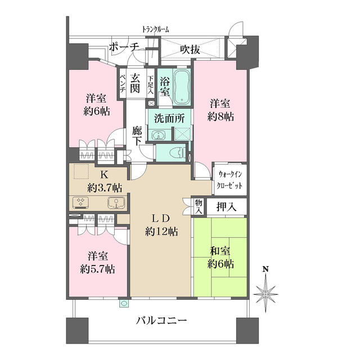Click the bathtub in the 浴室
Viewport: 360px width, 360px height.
coord(182,87)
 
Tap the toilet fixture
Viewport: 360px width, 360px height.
coord(178,152)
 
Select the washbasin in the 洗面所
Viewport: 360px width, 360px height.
coord(158,135)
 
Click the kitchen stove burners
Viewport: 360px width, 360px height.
coord(81,202)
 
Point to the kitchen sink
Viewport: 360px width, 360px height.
coord(116,203)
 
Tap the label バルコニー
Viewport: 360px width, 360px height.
coord(162,321)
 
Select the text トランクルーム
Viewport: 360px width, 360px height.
coord(156,29)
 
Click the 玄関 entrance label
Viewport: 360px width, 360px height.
coord(135,84)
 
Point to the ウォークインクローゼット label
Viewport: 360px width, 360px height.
coord(230,180)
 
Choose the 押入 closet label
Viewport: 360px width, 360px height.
coord(226,207)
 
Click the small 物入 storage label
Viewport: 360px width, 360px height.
coord(199,206)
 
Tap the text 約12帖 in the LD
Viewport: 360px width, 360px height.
coord(161,232)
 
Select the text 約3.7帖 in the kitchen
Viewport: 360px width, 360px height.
coord(105,188)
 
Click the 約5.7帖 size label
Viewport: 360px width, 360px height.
coord(97,269)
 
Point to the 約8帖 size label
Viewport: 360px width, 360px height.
coord(220,117)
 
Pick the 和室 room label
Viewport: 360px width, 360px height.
coord(220,251)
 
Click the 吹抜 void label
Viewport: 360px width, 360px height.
coord(190,49)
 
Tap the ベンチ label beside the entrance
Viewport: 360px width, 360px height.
coord(123,83)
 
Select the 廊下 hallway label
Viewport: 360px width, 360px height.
coord(137,136)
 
